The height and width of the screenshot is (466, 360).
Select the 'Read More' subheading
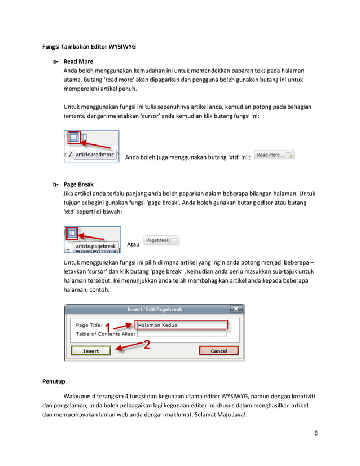(78, 61)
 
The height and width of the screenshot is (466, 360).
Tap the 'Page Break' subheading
(79, 184)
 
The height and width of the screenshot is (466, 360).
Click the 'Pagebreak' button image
(161, 240)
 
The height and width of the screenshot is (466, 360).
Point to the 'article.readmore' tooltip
(95, 155)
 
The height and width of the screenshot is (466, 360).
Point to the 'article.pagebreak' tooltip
(96, 247)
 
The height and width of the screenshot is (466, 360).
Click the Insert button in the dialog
(91, 351)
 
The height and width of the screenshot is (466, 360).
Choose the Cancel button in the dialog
(218, 351)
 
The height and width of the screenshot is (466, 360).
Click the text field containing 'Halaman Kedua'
(180, 325)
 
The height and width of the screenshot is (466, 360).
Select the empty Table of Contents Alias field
(181, 334)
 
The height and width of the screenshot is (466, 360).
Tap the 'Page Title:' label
(89, 325)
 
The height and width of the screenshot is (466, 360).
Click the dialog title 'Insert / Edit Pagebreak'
(155, 309)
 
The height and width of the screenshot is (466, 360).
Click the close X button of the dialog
(235, 309)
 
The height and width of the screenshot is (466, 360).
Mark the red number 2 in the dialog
(146, 345)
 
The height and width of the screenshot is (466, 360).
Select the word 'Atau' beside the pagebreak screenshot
(133, 245)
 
